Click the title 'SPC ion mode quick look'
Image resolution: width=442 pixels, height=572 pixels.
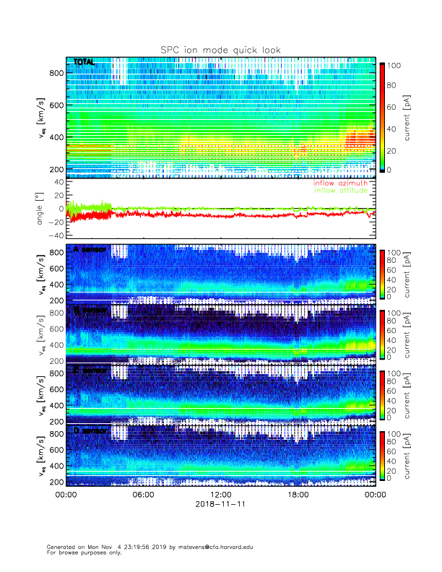tap(220, 50)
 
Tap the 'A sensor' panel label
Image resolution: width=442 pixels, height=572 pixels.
tap(90, 250)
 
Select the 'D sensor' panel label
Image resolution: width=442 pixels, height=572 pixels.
tap(90, 431)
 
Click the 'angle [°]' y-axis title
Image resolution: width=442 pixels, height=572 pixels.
tap(41, 208)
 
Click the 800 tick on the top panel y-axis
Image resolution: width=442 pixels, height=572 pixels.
tap(55, 72)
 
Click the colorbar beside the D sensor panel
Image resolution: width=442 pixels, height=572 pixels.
tap(383, 456)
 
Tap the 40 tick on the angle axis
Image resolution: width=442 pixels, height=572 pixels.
tap(58, 182)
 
